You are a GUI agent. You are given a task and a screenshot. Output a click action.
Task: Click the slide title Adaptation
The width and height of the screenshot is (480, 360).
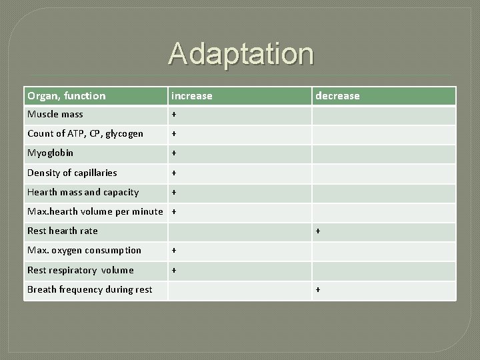[241, 53]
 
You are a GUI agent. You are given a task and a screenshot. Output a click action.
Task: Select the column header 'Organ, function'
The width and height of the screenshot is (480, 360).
[66, 96]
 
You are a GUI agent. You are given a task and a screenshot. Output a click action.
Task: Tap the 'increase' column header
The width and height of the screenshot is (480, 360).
[191, 96]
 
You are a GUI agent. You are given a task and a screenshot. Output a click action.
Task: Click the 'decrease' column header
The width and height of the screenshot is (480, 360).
[337, 96]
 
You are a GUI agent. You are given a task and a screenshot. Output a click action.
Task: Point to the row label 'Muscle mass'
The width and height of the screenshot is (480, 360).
[55, 115]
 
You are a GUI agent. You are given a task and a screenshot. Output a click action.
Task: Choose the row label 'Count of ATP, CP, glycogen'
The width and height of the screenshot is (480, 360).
[85, 134]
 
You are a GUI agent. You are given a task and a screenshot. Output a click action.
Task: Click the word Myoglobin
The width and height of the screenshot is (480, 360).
[50, 153]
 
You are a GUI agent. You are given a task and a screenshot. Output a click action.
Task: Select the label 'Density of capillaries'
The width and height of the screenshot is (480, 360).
[72, 173]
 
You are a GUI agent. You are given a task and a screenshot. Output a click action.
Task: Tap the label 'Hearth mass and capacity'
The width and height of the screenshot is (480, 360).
[83, 192]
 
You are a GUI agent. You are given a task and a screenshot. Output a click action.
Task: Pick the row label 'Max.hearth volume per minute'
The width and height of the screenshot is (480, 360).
[95, 211]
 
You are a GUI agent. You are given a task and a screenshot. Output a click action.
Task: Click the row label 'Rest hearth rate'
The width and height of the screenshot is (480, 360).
[62, 231]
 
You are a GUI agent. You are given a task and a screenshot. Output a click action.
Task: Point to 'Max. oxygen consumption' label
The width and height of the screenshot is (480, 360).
[84, 251]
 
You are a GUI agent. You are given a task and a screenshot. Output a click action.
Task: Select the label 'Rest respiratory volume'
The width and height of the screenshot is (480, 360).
[80, 270]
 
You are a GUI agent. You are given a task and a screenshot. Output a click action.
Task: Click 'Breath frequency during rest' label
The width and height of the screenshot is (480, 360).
[89, 289]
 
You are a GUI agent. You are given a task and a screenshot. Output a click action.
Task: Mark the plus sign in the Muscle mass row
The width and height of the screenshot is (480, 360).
[174, 115]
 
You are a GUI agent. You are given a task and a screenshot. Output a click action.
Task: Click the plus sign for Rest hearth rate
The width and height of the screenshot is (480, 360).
[318, 231]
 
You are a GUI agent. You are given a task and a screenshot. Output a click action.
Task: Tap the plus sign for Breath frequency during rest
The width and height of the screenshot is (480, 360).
[318, 289]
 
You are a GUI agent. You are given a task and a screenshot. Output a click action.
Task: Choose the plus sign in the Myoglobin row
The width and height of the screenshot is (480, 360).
[174, 153]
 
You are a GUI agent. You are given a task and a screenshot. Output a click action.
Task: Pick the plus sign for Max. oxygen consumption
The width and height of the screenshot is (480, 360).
[174, 251]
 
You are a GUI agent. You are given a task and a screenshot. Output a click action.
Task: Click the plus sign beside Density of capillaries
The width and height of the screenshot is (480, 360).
[174, 173]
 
